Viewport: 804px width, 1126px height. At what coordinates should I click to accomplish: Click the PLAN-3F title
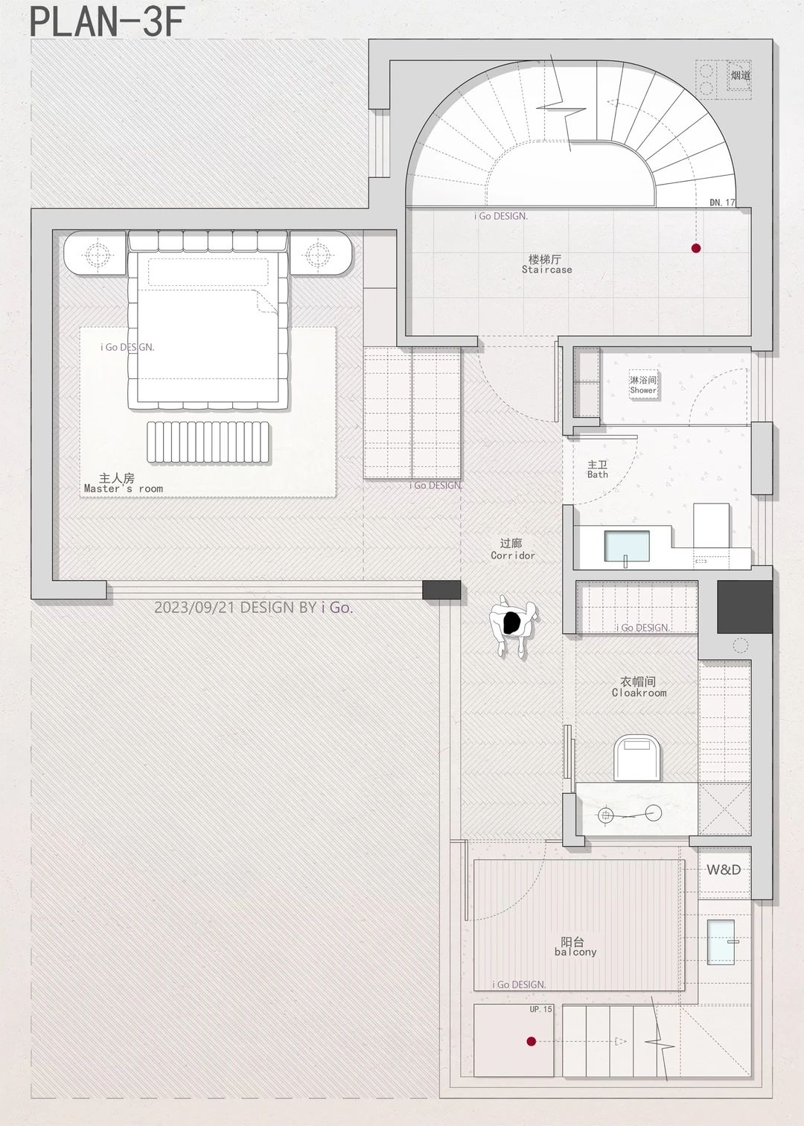point(107,22)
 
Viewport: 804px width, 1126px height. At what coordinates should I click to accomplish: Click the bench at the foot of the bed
point(208,442)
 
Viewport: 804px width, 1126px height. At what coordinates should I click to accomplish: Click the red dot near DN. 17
point(696,248)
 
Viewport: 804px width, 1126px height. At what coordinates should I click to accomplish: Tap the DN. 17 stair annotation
point(722,202)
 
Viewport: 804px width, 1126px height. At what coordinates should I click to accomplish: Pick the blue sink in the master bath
point(627,545)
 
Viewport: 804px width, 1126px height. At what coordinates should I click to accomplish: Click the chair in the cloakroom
point(637,757)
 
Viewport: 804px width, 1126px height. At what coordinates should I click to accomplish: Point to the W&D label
point(724,870)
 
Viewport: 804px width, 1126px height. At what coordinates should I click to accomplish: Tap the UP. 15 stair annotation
point(540,1009)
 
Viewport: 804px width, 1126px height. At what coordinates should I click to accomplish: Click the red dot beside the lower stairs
point(531,1041)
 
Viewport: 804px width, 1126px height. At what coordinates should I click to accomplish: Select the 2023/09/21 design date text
point(253,607)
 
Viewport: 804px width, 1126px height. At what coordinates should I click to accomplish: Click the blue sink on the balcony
point(721,942)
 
